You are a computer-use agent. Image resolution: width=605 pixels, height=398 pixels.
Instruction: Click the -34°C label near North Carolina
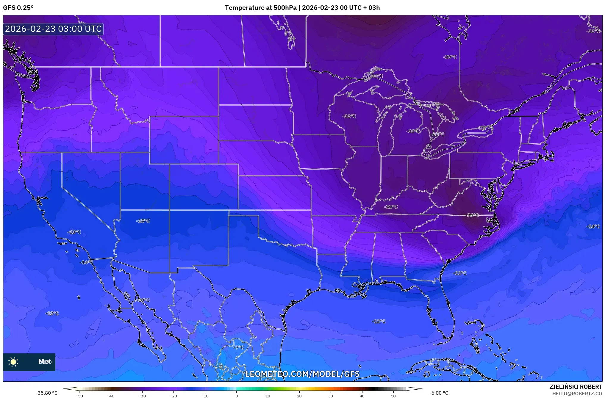click(x=473, y=215)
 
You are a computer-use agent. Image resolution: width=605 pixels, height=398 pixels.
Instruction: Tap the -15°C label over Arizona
click(x=143, y=221)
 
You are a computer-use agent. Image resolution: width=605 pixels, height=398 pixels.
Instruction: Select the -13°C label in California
click(x=74, y=232)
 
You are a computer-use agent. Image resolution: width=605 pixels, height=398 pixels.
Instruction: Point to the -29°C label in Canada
click(x=450, y=57)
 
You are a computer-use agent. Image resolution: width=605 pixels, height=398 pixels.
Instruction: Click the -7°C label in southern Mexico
click(x=238, y=347)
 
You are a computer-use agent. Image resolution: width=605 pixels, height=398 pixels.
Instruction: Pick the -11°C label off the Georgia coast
click(x=460, y=273)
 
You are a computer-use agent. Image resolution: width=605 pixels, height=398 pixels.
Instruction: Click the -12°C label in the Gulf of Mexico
click(x=379, y=321)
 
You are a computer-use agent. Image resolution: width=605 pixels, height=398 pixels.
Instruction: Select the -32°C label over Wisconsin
click(x=349, y=116)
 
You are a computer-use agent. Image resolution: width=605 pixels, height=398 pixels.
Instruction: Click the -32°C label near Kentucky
click(x=391, y=207)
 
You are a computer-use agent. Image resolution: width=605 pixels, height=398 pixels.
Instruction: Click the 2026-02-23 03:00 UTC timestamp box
click(x=53, y=29)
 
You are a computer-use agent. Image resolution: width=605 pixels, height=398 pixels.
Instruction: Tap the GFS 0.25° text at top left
click(x=18, y=8)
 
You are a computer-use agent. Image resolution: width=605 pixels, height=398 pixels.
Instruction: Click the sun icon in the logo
click(x=13, y=362)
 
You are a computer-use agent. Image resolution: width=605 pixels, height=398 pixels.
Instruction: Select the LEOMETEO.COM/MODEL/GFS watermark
click(x=302, y=374)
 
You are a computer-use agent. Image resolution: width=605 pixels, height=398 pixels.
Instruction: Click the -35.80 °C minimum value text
click(x=47, y=393)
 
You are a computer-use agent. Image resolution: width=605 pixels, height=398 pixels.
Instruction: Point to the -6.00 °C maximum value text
click(x=439, y=393)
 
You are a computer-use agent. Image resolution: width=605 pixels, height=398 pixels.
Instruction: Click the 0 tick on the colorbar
click(x=237, y=396)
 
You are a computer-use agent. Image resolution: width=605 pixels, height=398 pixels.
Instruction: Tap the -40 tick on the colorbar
click(x=111, y=396)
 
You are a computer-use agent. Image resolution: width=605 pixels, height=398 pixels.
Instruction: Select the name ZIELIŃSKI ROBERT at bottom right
click(x=576, y=387)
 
